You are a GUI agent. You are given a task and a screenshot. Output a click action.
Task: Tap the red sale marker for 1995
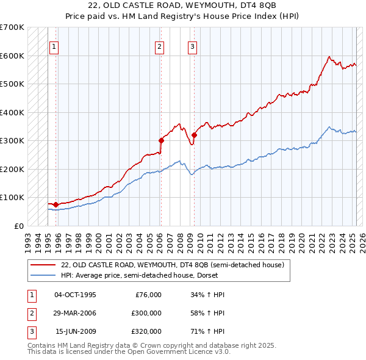(56, 204)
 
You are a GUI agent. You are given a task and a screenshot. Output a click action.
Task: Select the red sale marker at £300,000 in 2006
(162, 140)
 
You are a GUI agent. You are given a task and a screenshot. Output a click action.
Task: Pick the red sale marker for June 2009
(195, 135)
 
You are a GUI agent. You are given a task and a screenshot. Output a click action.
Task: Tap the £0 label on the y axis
(18, 226)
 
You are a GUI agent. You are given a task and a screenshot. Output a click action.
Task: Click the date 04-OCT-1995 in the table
(75, 295)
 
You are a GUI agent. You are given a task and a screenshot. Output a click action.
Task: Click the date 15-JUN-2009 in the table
(75, 331)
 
